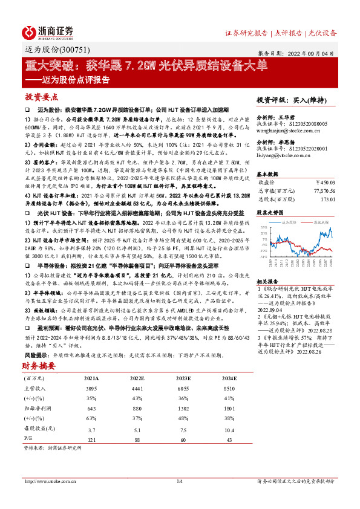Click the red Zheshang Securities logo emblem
pos(31,31)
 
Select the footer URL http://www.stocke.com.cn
pos(49,481)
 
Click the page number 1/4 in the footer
pos(179,481)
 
